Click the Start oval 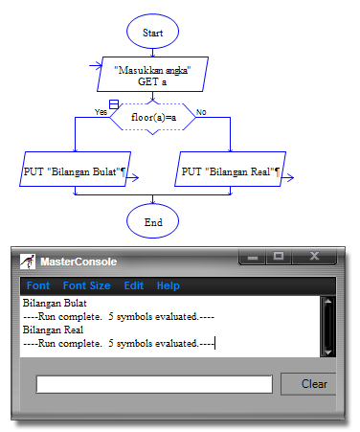152,33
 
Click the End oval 152,221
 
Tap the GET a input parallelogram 152,75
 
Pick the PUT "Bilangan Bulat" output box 75,171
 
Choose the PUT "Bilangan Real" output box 230,171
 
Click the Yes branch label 101,112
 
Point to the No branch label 201,112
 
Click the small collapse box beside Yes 114,103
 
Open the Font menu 38,285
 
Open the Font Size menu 86,285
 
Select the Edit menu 134,285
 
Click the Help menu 169,285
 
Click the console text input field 153,384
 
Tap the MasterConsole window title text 79,261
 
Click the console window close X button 314,257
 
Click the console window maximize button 279,257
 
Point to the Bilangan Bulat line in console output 47,302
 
